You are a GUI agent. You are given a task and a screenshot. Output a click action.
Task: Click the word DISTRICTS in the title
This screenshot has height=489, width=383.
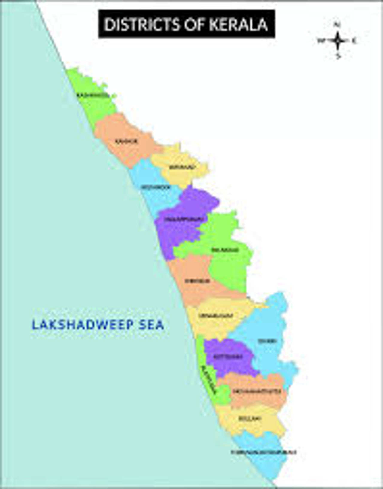click(142, 24)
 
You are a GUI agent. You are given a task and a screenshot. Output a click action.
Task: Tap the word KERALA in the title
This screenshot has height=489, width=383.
click(238, 24)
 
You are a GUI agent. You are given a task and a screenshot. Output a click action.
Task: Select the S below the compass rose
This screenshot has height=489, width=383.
click(338, 56)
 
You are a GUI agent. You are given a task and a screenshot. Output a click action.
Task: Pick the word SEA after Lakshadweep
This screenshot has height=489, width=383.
click(151, 325)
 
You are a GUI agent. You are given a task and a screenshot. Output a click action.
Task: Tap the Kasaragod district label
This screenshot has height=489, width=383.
click(93, 95)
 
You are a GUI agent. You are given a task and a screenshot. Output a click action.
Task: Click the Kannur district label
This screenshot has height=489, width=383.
click(127, 141)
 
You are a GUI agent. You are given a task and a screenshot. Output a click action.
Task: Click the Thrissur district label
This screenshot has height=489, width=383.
click(197, 281)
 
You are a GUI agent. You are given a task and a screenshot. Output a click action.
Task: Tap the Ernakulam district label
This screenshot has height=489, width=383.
click(216, 316)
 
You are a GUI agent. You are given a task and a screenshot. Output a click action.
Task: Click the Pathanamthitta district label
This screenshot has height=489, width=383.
click(257, 391)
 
